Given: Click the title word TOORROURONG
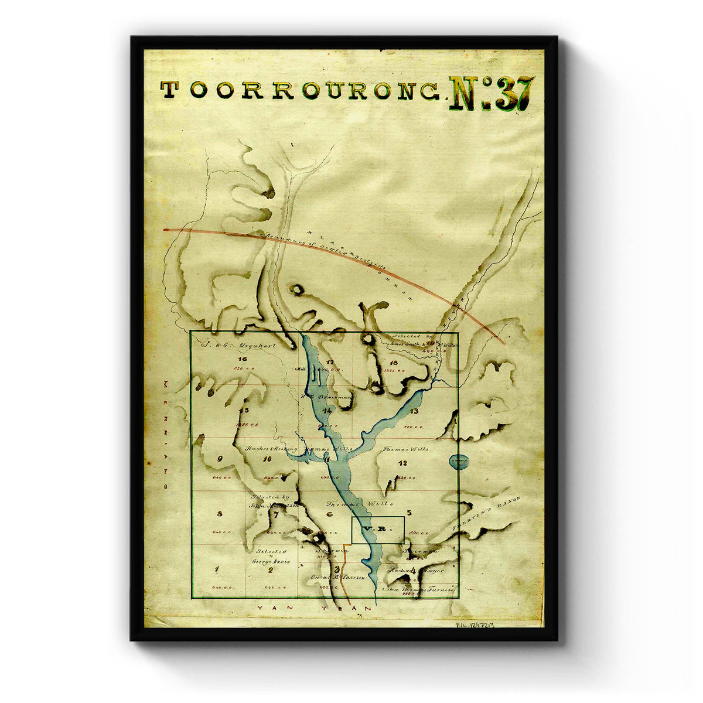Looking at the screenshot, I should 300,90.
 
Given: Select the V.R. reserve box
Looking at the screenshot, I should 377,530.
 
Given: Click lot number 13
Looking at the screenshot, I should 414,411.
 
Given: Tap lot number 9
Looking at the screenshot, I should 220,459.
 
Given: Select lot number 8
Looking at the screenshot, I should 220,514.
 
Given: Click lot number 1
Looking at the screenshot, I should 217,569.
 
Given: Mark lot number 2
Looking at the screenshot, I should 270,569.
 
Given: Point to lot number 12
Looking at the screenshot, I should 402,464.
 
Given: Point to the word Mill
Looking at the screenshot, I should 302,369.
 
